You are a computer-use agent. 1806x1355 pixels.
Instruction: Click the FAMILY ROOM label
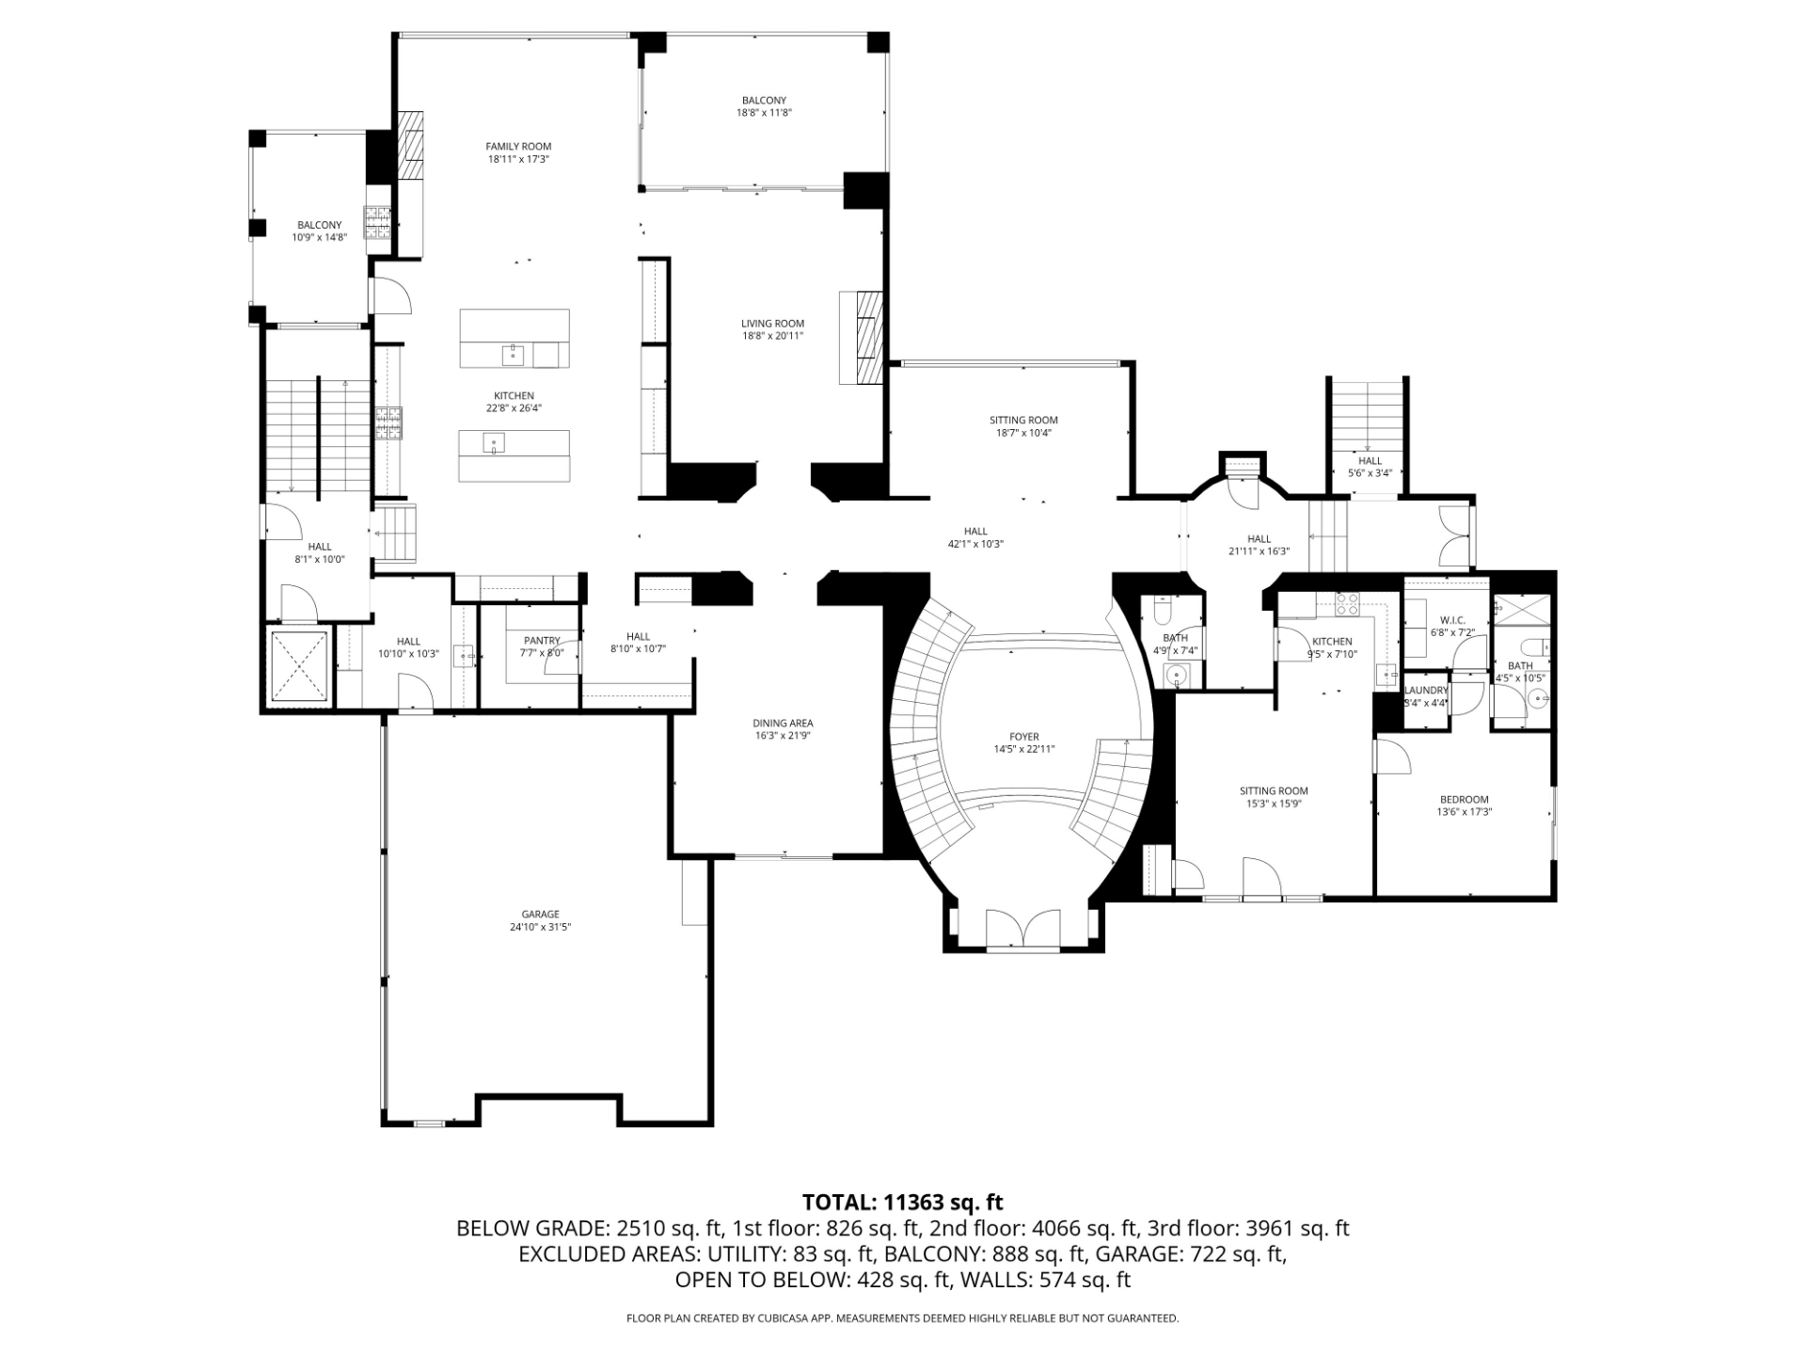click(x=518, y=147)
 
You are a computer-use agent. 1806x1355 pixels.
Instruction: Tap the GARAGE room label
click(x=540, y=914)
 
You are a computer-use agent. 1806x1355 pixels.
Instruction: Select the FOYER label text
click(x=1024, y=737)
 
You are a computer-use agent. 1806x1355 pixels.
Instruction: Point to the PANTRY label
click(x=542, y=641)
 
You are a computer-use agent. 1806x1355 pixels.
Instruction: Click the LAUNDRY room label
click(x=1426, y=690)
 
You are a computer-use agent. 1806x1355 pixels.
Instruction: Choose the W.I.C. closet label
click(x=1452, y=620)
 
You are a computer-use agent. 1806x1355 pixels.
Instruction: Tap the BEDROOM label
click(x=1464, y=799)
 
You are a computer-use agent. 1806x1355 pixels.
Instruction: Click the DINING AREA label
click(x=782, y=723)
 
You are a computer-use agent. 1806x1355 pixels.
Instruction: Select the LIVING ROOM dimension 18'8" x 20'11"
click(x=772, y=336)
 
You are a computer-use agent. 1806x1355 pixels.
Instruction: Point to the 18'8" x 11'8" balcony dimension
click(x=764, y=113)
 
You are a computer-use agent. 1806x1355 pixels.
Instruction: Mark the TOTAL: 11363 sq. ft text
click(x=902, y=1202)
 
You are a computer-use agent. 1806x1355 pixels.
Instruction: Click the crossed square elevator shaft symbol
click(x=299, y=666)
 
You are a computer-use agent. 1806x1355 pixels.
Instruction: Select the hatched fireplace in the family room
click(x=410, y=145)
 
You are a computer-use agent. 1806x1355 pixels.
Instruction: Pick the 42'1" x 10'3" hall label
click(x=975, y=544)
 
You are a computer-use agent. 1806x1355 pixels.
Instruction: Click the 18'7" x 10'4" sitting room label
click(x=1023, y=433)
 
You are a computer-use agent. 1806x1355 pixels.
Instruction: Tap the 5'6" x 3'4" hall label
click(x=1370, y=473)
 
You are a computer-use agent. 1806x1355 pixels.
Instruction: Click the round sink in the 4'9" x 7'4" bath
click(x=1176, y=674)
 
